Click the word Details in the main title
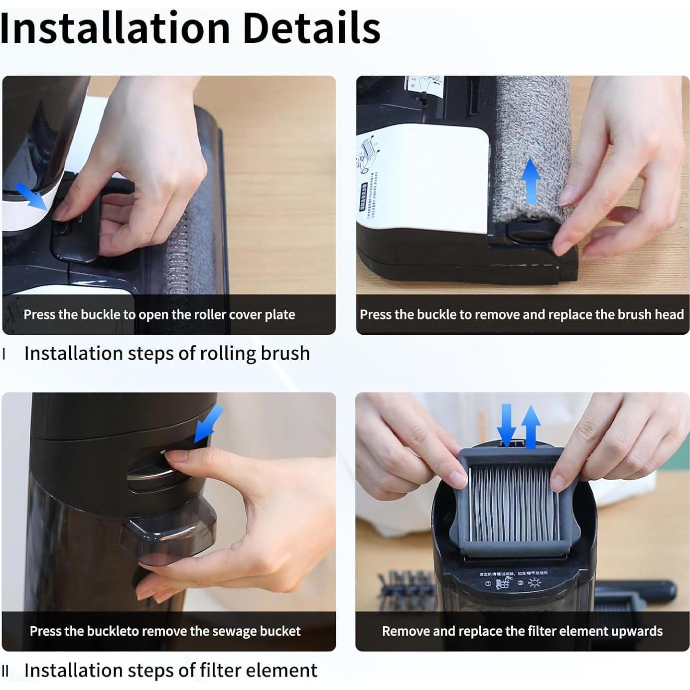tap(311, 28)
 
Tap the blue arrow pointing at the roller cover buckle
tap(31, 195)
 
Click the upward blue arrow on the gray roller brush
tap(531, 180)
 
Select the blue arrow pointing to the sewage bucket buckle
tap(208, 423)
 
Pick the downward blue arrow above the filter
tap(507, 423)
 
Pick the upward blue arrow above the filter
tap(531, 426)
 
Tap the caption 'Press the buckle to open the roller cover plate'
tap(159, 315)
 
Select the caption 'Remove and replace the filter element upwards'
tap(522, 631)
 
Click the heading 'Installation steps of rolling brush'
tap(167, 353)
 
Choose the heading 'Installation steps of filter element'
tap(170, 671)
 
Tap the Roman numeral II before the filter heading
tap(5, 671)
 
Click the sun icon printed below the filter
tap(535, 583)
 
